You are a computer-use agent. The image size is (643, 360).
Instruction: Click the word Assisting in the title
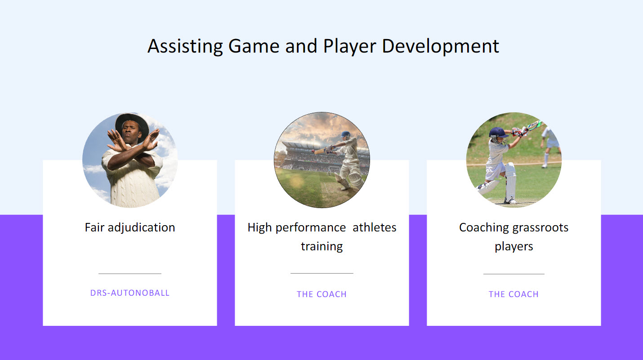[x=185, y=46]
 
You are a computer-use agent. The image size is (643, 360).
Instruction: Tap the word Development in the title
[x=440, y=46]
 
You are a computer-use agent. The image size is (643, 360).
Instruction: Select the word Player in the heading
[x=350, y=46]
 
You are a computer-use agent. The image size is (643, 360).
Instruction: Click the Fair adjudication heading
[x=130, y=227]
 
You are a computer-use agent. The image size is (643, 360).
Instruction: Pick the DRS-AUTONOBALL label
[x=130, y=293]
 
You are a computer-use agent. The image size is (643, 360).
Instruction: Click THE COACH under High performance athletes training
[x=321, y=294]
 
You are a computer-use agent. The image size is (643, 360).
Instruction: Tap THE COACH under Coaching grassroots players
[x=514, y=294]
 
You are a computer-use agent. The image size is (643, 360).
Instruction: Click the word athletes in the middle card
[x=374, y=227]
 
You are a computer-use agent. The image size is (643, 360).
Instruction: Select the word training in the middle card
[x=322, y=247]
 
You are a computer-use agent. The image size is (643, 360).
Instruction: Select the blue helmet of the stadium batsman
[x=346, y=134]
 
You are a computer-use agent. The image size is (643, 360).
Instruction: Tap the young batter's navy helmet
[x=498, y=133]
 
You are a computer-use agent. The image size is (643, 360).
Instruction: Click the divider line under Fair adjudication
[x=130, y=274]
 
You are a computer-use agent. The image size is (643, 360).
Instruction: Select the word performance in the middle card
[x=311, y=228]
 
